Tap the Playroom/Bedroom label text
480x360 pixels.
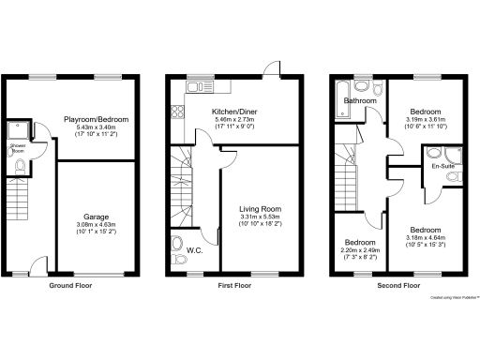click(96, 120)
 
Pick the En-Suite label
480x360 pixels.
click(443, 166)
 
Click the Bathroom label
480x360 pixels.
click(358, 100)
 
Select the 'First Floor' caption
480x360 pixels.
click(236, 285)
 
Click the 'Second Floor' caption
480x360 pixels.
click(397, 285)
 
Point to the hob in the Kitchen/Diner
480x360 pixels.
click(175, 112)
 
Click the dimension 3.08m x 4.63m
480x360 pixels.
click(95, 224)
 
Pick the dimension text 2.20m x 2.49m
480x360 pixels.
click(358, 249)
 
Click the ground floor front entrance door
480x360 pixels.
click(36, 264)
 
